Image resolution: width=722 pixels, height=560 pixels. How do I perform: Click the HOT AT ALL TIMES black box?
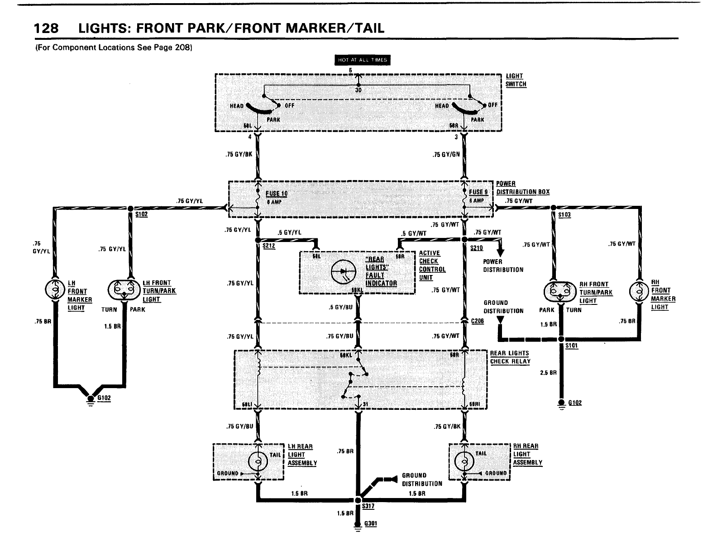362,60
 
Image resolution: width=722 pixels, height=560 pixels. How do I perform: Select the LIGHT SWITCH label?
516,80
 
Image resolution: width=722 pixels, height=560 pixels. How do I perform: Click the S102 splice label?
141,214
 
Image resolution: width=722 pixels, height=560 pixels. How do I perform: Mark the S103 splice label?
564,215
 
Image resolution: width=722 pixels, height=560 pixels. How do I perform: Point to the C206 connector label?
478,321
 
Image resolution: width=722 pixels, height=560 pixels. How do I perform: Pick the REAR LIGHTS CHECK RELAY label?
510,357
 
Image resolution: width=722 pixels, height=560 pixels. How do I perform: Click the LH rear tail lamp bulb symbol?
258,461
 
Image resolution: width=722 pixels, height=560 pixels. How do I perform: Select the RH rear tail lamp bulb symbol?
464,461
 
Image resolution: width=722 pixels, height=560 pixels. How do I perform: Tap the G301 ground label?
371,524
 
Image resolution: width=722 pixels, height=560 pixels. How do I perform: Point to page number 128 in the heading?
47,28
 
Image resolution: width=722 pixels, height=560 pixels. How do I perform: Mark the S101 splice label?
572,346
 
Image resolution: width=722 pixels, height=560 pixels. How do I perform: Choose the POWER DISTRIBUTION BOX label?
522,188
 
